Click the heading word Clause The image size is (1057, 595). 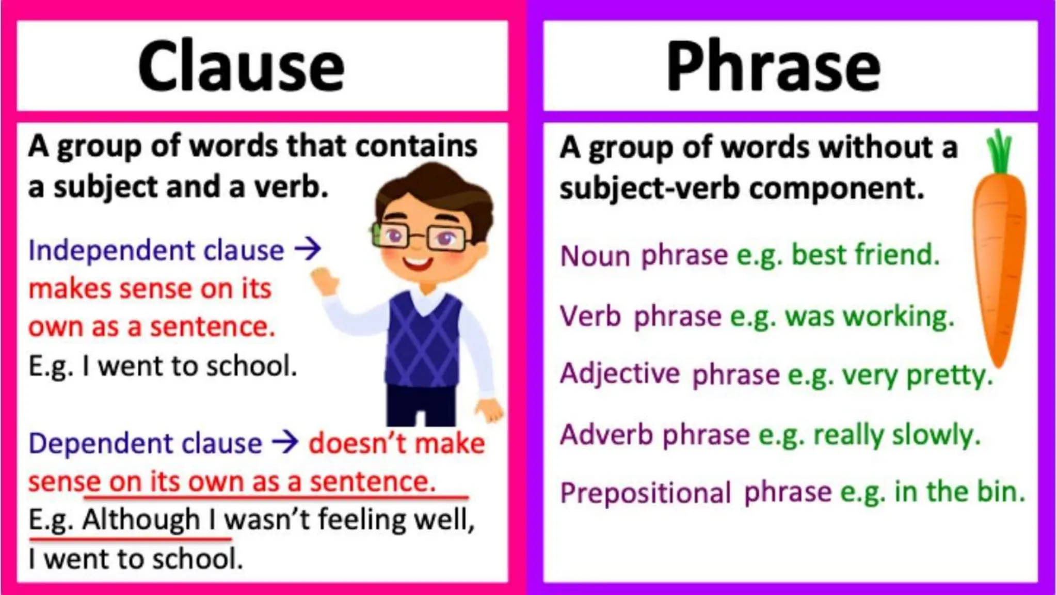tap(241, 67)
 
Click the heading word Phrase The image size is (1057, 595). tap(773, 67)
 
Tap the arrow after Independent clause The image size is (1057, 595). tap(308, 249)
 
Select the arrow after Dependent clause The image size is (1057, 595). tap(285, 443)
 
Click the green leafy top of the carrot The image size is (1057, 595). tap(1000, 151)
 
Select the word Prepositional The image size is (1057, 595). tap(645, 492)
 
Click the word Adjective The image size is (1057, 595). tap(619, 373)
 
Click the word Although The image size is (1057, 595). tap(141, 519)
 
